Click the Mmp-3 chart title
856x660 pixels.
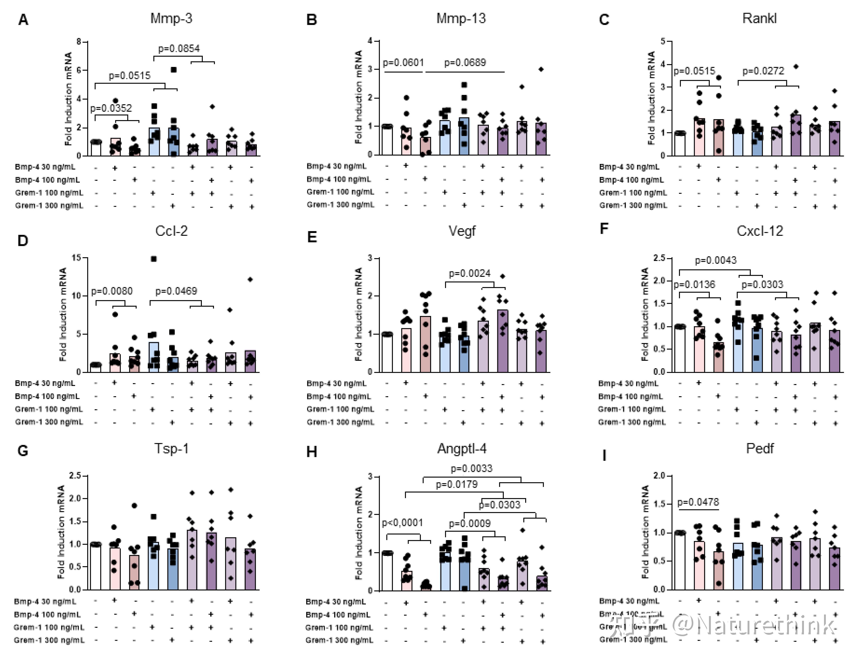(x=171, y=18)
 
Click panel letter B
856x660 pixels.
(x=312, y=20)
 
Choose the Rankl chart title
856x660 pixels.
(x=759, y=18)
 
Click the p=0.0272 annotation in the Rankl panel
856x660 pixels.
(x=763, y=71)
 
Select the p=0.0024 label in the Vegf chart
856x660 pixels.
(x=470, y=273)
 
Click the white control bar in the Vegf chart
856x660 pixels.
(x=387, y=353)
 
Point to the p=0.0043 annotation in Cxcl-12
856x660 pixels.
(x=716, y=260)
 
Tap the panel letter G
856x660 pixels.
(x=23, y=451)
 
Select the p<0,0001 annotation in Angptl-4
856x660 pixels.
(x=402, y=523)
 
